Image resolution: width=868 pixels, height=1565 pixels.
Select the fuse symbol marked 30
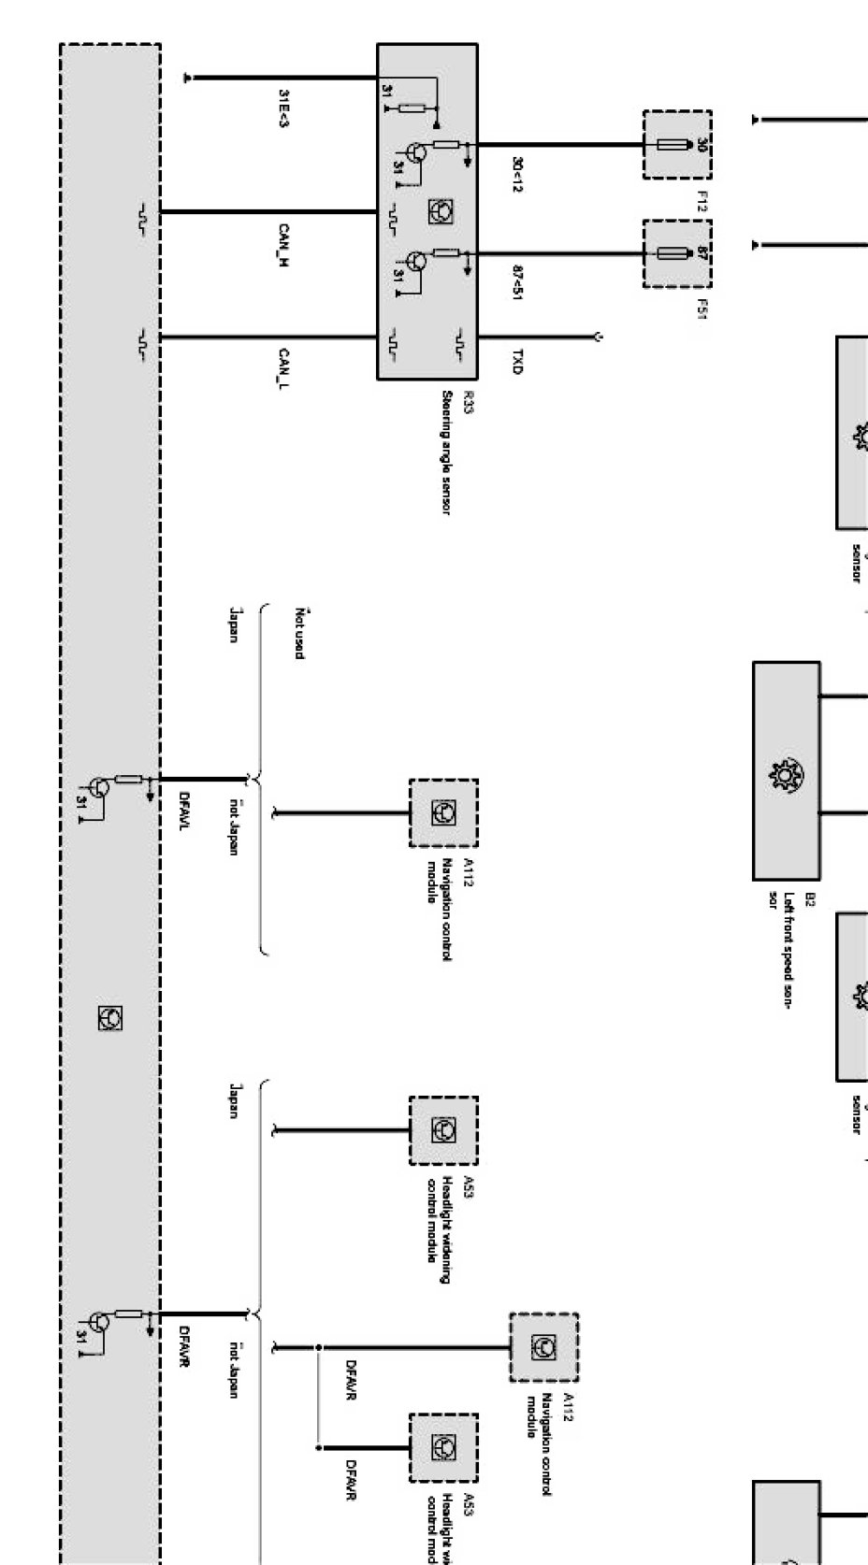tap(676, 145)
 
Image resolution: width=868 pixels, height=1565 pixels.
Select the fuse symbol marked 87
tap(676, 252)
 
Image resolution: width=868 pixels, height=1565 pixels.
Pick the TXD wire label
tap(517, 363)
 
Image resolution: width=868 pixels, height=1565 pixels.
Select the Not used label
tap(300, 633)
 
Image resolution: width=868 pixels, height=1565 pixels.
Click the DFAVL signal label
tap(184, 810)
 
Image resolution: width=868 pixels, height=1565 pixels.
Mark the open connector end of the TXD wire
tap(597, 337)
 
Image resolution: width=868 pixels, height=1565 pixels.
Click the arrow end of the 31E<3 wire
tap(189, 79)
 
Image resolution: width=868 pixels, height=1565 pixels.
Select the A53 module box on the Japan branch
tap(443, 1131)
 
